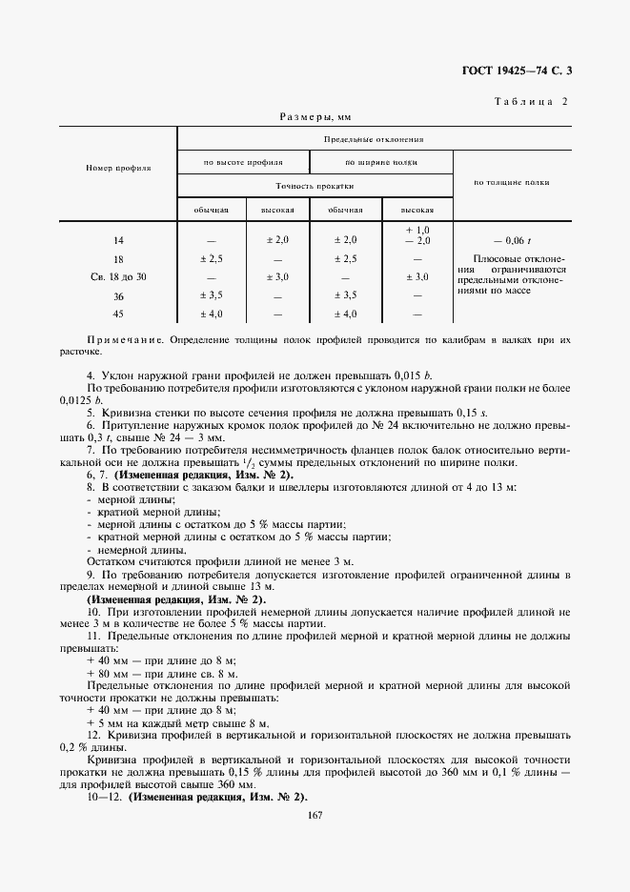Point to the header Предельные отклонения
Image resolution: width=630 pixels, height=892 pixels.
(374, 139)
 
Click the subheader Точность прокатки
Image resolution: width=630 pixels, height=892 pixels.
(315, 186)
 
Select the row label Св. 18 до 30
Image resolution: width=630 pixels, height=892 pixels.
(118, 276)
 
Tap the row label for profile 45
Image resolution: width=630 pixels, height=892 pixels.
(118, 314)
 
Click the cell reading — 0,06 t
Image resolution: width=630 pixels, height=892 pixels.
(510, 240)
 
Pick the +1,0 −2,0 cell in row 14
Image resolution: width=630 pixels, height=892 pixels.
(417, 235)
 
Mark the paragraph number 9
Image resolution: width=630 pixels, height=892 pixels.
(90, 575)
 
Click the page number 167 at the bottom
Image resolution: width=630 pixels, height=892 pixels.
(315, 813)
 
